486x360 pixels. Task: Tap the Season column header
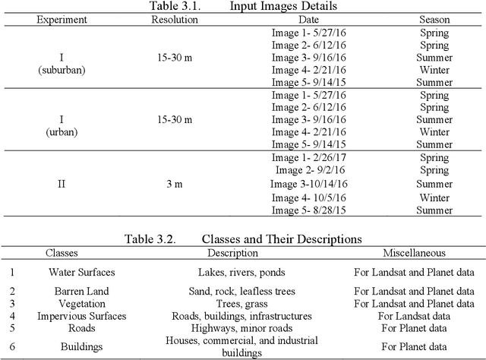434,19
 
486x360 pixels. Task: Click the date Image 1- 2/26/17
308,158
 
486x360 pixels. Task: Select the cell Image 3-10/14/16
308,184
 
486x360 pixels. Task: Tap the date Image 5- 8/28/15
308,210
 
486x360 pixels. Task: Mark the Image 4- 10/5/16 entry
308,197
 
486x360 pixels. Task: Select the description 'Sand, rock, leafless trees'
238,291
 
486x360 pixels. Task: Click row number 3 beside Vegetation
11,303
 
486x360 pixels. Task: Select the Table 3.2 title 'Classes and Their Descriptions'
243,239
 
